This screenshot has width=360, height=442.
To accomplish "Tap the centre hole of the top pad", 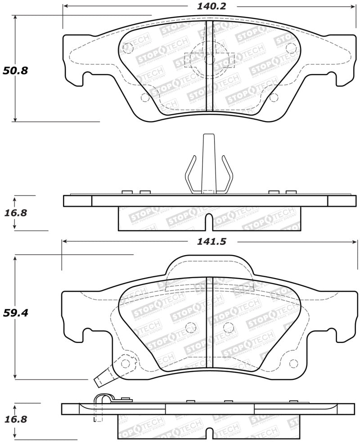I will point(209,59).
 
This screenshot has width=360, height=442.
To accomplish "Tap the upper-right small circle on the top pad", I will point(290,46).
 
